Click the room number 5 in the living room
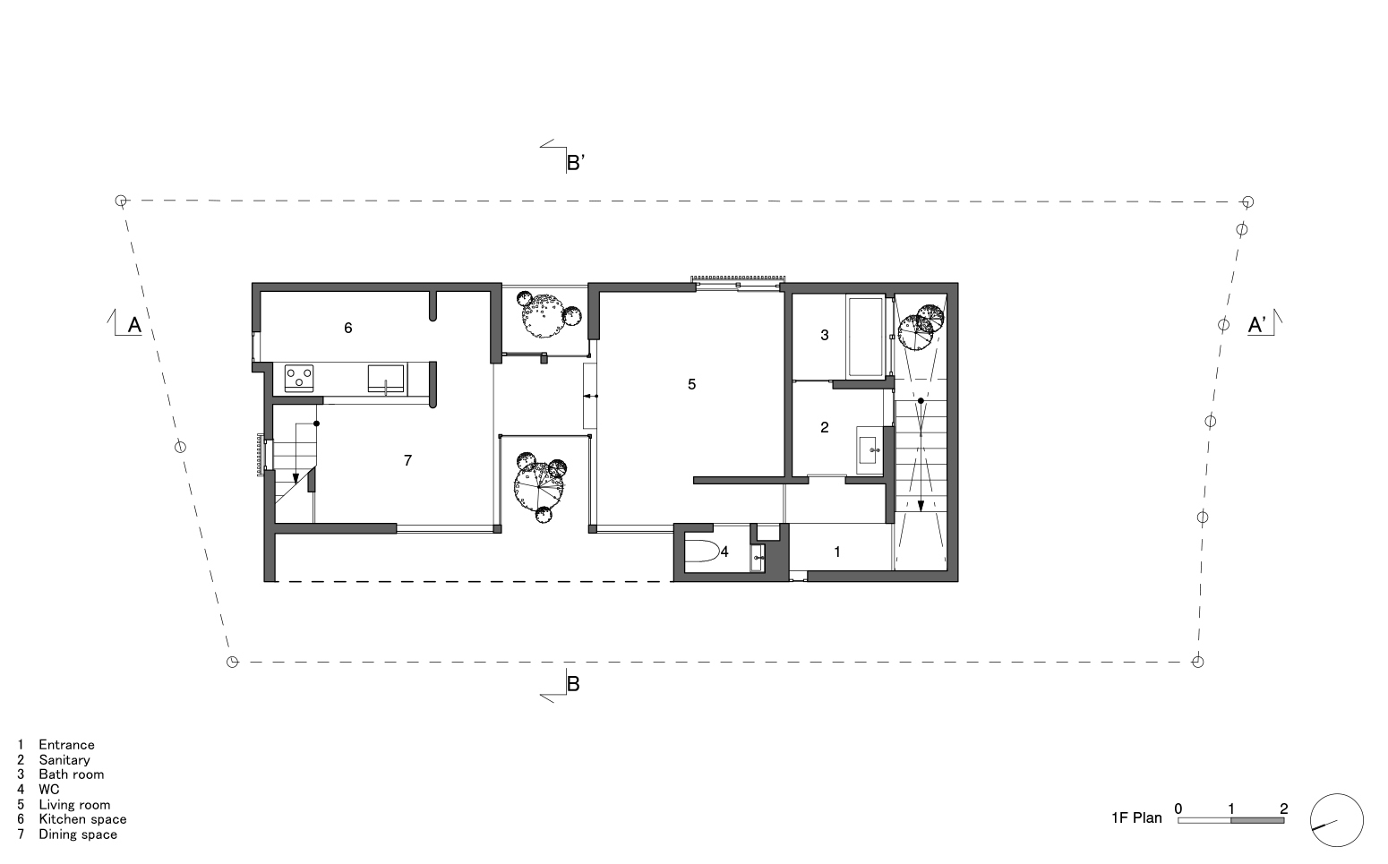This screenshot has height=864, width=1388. click(x=691, y=384)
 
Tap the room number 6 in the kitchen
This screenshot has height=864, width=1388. click(x=348, y=328)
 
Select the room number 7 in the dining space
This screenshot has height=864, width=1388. click(x=407, y=460)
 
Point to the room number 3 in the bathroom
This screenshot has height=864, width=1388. click(x=825, y=336)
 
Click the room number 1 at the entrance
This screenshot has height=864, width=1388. click(x=837, y=552)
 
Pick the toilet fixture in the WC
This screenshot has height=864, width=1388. click(x=701, y=552)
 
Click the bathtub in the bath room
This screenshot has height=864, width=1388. click(x=866, y=337)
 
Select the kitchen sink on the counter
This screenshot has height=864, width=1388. click(x=387, y=379)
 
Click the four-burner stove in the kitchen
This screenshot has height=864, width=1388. click(x=300, y=379)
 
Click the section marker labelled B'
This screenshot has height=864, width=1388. click(x=575, y=162)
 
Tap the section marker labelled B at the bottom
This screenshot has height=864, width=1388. click(x=573, y=684)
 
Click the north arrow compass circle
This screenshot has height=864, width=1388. click(x=1336, y=820)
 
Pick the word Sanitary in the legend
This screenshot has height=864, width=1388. click(x=64, y=759)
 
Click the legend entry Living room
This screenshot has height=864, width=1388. click(x=74, y=804)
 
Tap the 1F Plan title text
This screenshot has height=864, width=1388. click(x=1136, y=817)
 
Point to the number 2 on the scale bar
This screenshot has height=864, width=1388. click(x=1283, y=808)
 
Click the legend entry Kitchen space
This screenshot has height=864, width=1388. click(x=82, y=819)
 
